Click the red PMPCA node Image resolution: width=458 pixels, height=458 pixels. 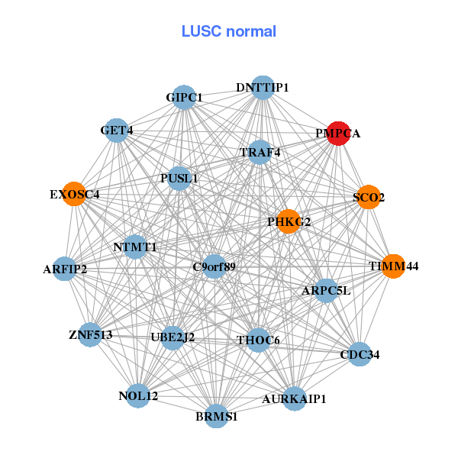[337, 133]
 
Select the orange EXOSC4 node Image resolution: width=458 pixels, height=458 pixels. [73, 194]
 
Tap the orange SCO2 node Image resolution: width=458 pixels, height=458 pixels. [368, 197]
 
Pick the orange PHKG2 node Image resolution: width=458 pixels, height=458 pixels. [288, 221]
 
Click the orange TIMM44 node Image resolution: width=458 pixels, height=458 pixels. [392, 266]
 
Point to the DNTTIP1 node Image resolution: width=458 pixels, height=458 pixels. [262, 88]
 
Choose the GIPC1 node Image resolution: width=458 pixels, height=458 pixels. [184, 98]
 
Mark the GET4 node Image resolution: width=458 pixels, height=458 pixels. [116, 131]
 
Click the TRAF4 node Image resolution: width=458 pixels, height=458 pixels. [260, 152]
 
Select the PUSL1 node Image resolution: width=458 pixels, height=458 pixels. [179, 179]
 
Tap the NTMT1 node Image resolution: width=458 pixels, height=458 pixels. [135, 247]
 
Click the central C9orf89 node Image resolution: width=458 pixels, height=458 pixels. [214, 266]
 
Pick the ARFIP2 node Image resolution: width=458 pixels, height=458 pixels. [65, 269]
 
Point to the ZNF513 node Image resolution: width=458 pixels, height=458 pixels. [90, 334]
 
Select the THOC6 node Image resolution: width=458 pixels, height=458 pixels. [258, 340]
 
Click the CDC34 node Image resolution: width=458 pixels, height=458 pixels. [360, 354]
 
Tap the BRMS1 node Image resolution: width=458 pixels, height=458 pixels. [217, 417]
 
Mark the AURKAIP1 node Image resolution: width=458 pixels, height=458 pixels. [295, 398]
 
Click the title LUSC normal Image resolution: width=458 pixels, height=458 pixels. [228, 31]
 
